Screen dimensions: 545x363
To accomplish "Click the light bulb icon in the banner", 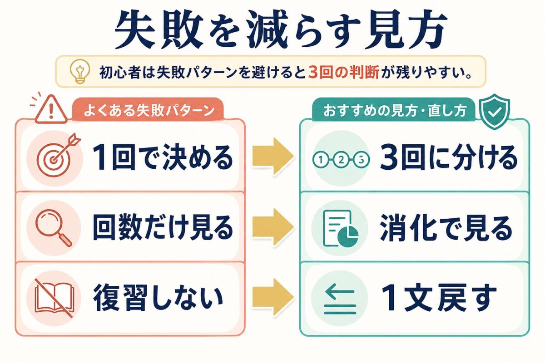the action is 79,72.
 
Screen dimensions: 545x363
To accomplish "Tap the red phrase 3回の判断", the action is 344,72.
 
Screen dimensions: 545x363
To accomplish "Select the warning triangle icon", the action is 50,109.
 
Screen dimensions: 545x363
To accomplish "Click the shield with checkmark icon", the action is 494,112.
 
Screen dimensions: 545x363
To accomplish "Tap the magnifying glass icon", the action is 54,228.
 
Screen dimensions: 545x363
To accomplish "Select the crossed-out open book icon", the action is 54,298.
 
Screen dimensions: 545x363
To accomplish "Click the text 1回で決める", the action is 163,157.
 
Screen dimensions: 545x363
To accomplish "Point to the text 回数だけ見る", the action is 163,227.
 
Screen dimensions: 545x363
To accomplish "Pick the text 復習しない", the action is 158,298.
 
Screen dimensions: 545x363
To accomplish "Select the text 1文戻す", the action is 438,298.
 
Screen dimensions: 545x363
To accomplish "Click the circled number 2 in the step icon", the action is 341,160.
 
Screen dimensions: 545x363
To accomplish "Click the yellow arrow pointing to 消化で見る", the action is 273,227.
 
